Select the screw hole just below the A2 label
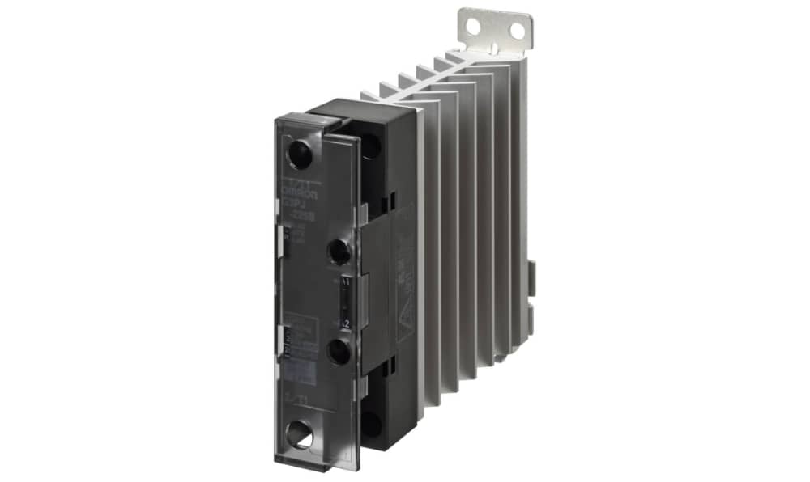(339, 351)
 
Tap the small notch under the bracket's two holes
(493, 45)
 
